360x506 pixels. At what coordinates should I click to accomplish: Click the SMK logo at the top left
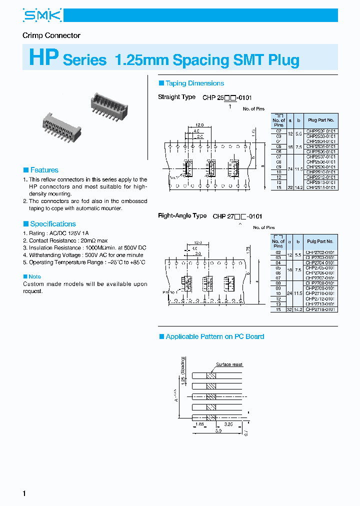click(x=42, y=15)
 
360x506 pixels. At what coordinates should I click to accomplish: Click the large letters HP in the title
click(x=44, y=58)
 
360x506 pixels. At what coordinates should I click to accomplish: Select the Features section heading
click(x=44, y=170)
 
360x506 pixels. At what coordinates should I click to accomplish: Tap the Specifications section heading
click(x=52, y=224)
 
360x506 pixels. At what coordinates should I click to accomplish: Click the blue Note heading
click(x=34, y=276)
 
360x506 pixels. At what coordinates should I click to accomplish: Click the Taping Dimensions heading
click(x=194, y=83)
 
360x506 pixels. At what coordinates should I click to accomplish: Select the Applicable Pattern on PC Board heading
click(x=214, y=336)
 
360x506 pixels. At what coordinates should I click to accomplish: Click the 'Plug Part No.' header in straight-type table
click(x=320, y=120)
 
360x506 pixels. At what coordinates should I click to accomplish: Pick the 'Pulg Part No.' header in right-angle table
click(x=320, y=241)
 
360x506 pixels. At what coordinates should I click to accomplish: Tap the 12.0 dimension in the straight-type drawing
click(x=199, y=124)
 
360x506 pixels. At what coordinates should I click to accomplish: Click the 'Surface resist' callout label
click(x=229, y=364)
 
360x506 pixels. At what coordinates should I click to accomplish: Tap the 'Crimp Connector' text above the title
click(x=51, y=35)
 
